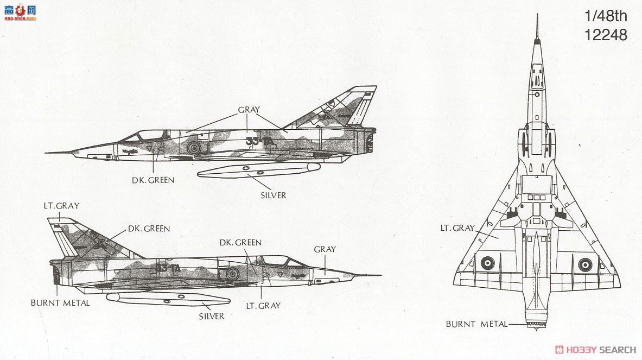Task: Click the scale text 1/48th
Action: click(x=606, y=16)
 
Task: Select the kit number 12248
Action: click(x=606, y=35)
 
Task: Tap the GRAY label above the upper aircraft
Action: click(x=249, y=110)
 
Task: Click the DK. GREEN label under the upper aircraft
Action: click(x=153, y=180)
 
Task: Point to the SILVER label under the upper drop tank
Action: click(x=273, y=195)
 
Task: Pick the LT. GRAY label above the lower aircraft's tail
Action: click(x=61, y=206)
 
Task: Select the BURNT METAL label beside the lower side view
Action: click(x=60, y=303)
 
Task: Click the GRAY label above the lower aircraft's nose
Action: click(x=325, y=249)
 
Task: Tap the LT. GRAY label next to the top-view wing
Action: click(x=457, y=228)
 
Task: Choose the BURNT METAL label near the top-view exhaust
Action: click(x=476, y=324)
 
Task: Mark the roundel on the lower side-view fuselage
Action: click(x=232, y=273)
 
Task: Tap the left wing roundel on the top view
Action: click(x=487, y=263)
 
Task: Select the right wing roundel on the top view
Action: click(x=586, y=264)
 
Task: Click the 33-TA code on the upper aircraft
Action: click(x=259, y=141)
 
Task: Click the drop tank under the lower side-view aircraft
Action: click(x=168, y=299)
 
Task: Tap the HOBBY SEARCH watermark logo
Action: click(x=596, y=350)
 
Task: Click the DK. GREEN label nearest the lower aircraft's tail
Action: click(x=149, y=229)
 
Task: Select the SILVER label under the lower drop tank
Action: click(x=211, y=316)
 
